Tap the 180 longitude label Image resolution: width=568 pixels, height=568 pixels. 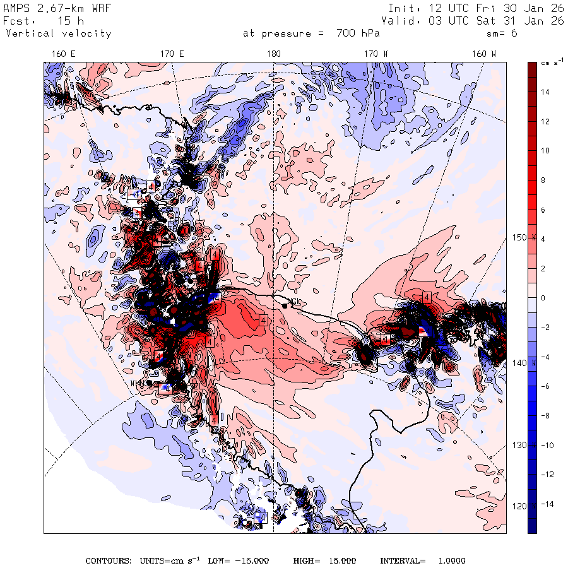pyautogui.click(x=273, y=54)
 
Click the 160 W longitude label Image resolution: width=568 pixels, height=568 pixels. pyautogui.click(x=484, y=54)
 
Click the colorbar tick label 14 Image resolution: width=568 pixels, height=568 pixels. pyautogui.click(x=545, y=92)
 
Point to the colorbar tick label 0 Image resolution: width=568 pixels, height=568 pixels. pyautogui.click(x=542, y=299)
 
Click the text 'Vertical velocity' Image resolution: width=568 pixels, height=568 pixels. pyautogui.click(x=58, y=33)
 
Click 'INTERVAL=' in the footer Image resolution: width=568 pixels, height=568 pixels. pyautogui.click(x=403, y=560)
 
